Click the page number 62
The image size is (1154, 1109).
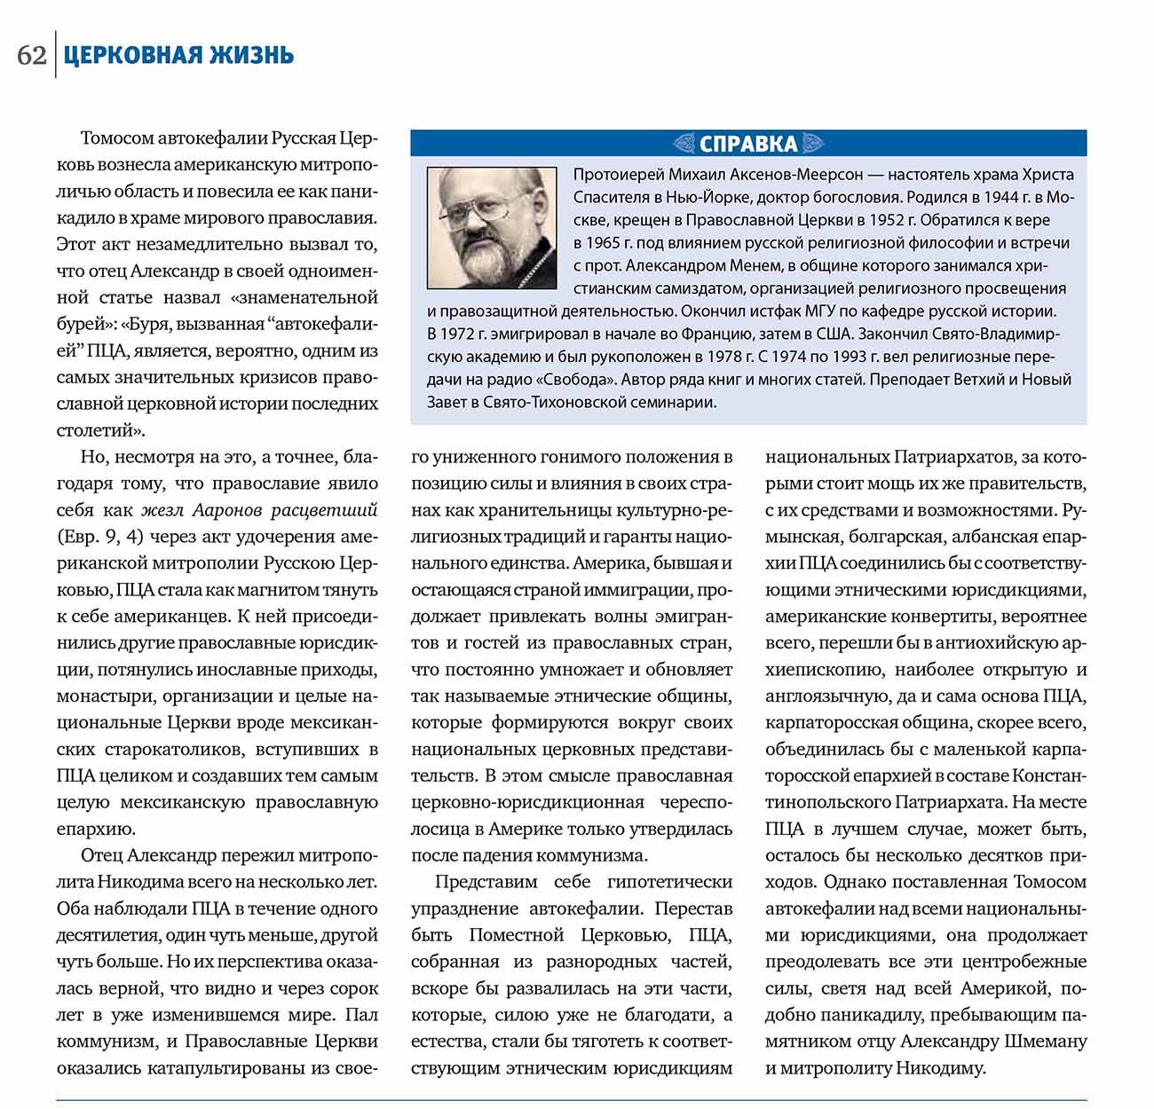click(x=31, y=55)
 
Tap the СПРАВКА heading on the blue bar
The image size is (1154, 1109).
click(x=748, y=144)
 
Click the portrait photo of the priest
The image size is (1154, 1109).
click(x=492, y=226)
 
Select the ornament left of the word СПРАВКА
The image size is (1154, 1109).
click(x=684, y=144)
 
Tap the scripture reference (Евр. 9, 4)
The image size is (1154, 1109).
click(x=99, y=537)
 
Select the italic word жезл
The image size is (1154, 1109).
click(x=162, y=510)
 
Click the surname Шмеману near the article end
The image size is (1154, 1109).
click(x=1042, y=1042)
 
